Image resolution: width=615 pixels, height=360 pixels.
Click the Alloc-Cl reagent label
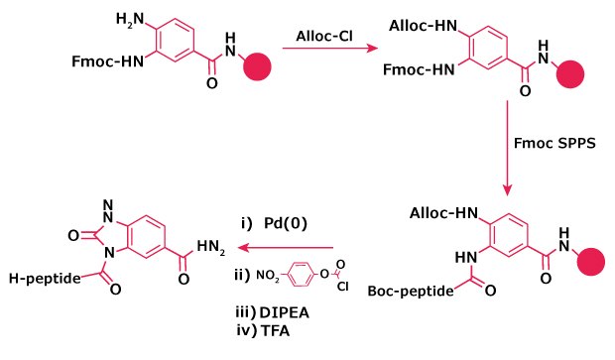click(x=323, y=38)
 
